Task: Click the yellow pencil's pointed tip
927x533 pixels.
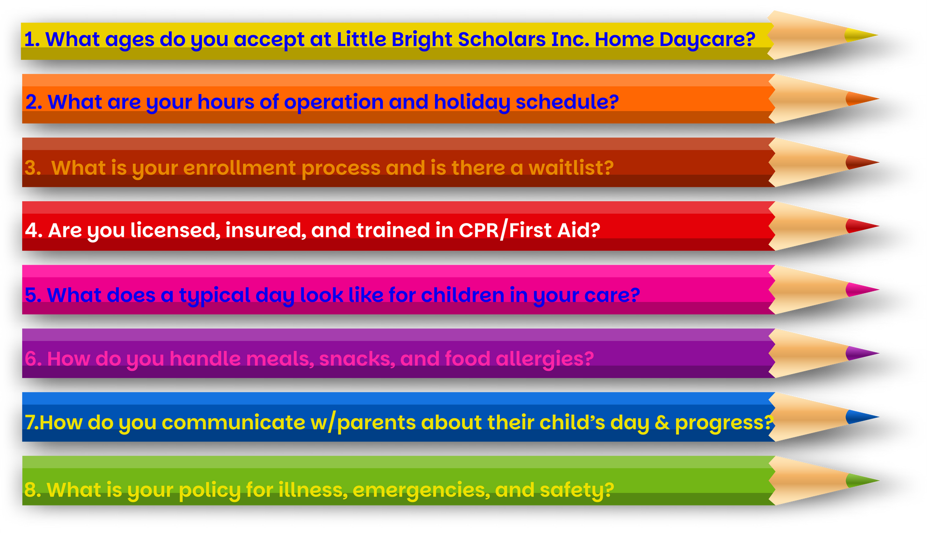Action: (x=877, y=35)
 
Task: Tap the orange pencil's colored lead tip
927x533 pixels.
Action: (x=862, y=99)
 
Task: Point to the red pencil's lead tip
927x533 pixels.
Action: (x=862, y=226)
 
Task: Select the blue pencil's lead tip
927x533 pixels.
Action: (x=862, y=417)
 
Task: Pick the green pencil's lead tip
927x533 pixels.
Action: (x=862, y=480)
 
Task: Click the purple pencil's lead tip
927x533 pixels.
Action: (x=862, y=353)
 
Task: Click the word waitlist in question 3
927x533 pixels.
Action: (x=571, y=168)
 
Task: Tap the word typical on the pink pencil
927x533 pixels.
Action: (x=215, y=295)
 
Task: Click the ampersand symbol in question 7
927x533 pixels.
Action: (x=662, y=423)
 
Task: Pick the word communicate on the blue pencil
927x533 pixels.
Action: (x=234, y=423)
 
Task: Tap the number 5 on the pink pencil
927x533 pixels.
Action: (x=30, y=295)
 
